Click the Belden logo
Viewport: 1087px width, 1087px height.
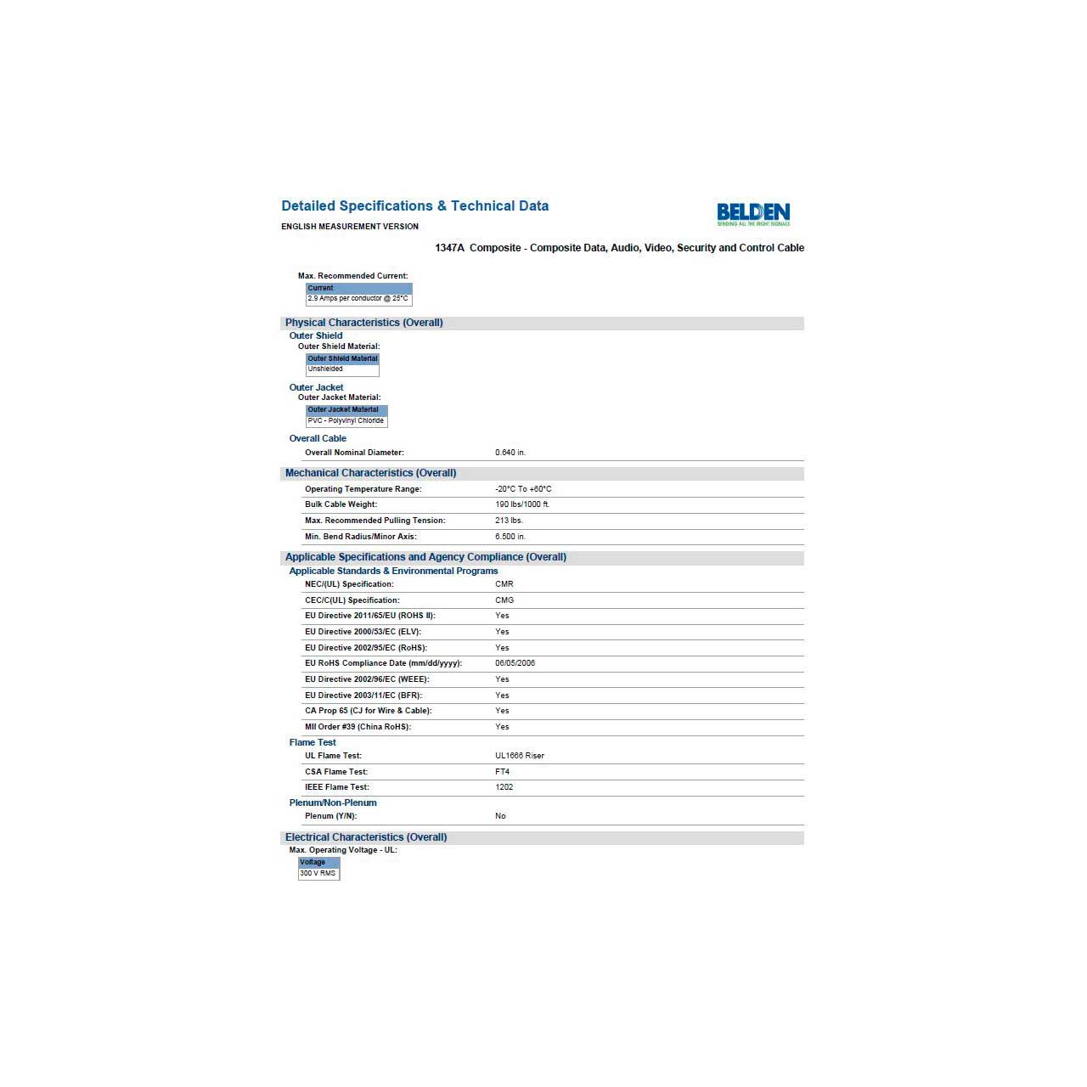(x=753, y=213)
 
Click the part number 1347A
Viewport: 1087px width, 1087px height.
(x=449, y=248)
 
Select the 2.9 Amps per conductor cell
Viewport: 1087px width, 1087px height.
(x=358, y=299)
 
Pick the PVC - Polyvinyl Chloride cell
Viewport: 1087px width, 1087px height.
(x=346, y=421)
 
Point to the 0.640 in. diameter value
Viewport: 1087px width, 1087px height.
(x=510, y=453)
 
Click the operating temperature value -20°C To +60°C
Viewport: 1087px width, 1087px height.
(x=523, y=489)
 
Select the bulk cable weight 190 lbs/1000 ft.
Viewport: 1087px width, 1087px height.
(x=522, y=504)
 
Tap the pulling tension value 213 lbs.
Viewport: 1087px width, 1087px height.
(x=509, y=521)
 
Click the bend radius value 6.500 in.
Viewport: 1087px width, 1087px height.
(x=510, y=537)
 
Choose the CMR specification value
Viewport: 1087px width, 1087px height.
(x=504, y=584)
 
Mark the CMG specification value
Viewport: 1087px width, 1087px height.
(x=504, y=600)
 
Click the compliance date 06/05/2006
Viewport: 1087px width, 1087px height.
(x=515, y=663)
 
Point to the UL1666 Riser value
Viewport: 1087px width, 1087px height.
(x=520, y=756)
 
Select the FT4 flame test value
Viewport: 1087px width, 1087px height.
(x=502, y=772)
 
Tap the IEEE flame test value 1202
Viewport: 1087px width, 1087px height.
(x=504, y=787)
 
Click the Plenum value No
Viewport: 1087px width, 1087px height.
(x=500, y=816)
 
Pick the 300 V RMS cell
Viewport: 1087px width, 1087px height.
(x=318, y=874)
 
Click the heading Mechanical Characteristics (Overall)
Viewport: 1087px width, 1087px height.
(x=370, y=473)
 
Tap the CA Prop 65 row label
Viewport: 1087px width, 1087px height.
(x=368, y=711)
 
